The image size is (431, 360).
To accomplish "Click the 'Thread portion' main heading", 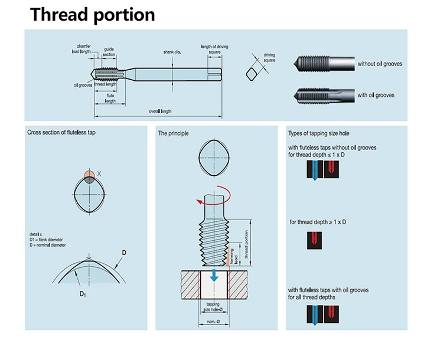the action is pyautogui.click(x=92, y=15).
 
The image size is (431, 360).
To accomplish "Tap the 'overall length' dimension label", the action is pyautogui.click(x=160, y=112).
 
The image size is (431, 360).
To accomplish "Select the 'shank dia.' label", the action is pyautogui.click(x=172, y=52).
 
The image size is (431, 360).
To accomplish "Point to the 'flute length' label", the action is pyautogui.click(x=110, y=99).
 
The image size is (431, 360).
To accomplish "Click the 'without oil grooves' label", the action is pyautogui.click(x=380, y=64).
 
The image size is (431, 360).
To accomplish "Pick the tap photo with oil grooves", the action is pyautogui.click(x=324, y=96).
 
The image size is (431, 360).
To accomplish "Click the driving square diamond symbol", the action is pyautogui.click(x=252, y=74).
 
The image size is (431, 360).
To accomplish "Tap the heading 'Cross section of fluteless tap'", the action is pyautogui.click(x=61, y=132).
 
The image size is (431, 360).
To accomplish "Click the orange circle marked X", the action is pyautogui.click(x=89, y=175).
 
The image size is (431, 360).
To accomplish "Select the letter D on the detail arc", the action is pyautogui.click(x=124, y=253).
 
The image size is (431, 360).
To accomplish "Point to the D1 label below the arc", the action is pyautogui.click(x=83, y=294).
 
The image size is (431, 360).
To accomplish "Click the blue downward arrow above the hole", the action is pyautogui.click(x=214, y=276).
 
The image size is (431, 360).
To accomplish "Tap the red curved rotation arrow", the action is pyautogui.click(x=215, y=196).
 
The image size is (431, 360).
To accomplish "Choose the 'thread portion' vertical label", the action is pyautogui.click(x=246, y=244).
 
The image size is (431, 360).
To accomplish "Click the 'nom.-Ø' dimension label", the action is pyautogui.click(x=213, y=322).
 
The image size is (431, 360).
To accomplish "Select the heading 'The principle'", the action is pyautogui.click(x=173, y=133).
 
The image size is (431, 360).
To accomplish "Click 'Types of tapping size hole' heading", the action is pyautogui.click(x=319, y=133).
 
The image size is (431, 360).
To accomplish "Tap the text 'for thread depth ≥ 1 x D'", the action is pyautogui.click(x=318, y=222).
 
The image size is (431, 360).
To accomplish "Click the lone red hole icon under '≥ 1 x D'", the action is pyautogui.click(x=315, y=240).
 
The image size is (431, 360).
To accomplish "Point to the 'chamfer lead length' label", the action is pyautogui.click(x=81, y=49).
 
